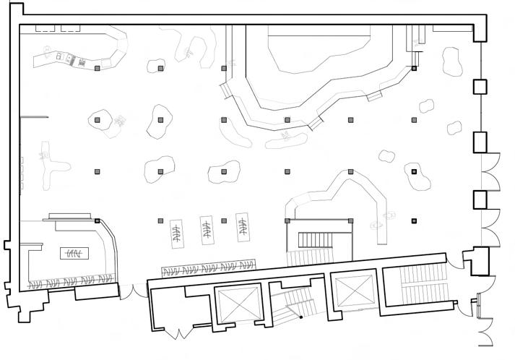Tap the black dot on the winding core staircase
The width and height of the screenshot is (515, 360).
click(300, 317)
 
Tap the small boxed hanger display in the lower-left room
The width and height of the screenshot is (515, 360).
click(73, 253)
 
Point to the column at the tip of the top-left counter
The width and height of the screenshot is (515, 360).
click(97, 68)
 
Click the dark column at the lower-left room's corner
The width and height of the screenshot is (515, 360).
click(97, 220)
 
